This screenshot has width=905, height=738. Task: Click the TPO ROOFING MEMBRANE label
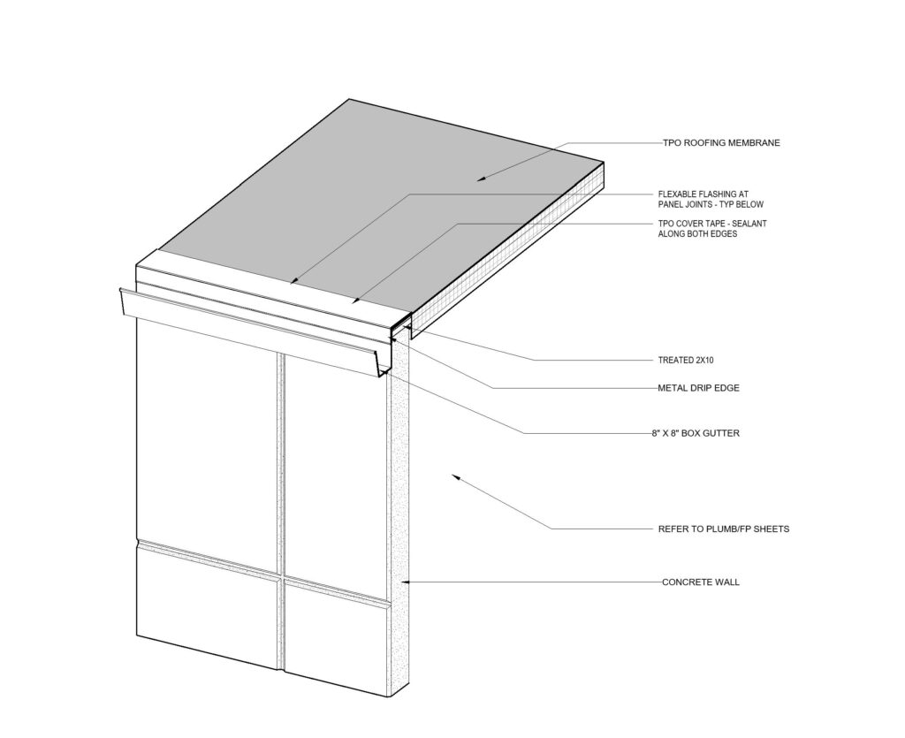(x=721, y=143)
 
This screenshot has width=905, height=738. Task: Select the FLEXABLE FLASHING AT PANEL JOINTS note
(x=711, y=200)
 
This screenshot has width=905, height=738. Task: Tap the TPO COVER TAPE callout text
(x=712, y=229)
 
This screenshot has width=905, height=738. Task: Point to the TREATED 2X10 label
(x=686, y=360)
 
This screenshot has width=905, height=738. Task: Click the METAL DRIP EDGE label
(x=698, y=388)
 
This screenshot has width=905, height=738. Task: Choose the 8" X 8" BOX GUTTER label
(x=696, y=433)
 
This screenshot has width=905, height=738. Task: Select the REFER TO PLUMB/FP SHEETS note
(x=724, y=529)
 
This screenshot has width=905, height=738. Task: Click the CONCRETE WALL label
(x=701, y=582)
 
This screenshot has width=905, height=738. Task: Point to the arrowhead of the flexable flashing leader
(x=293, y=282)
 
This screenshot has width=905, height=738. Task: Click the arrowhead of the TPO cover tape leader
(x=355, y=301)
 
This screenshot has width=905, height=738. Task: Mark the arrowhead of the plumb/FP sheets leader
(x=455, y=476)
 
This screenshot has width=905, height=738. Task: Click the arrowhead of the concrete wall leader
(x=405, y=582)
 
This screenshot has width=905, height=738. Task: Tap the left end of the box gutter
(x=122, y=301)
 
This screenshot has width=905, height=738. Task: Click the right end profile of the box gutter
(x=385, y=361)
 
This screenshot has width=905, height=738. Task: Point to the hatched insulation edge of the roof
(x=508, y=248)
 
